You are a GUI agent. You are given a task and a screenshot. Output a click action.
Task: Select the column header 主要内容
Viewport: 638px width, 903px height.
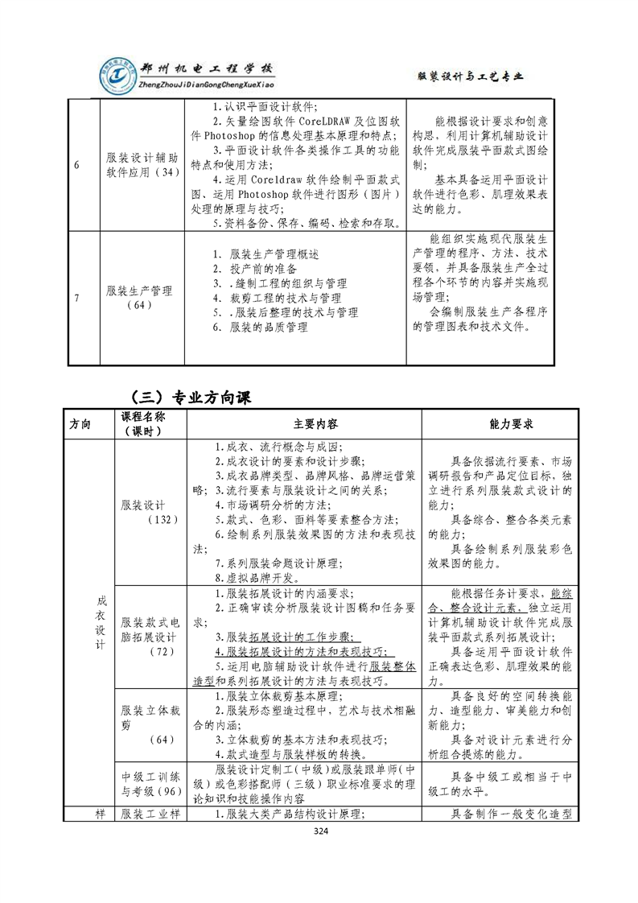[304, 424]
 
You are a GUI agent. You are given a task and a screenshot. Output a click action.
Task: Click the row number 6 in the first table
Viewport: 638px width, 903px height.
[76, 165]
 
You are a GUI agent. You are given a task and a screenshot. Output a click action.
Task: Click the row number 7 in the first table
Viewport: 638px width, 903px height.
[76, 299]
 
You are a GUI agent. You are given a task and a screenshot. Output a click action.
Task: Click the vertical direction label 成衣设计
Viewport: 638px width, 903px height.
[101, 624]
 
